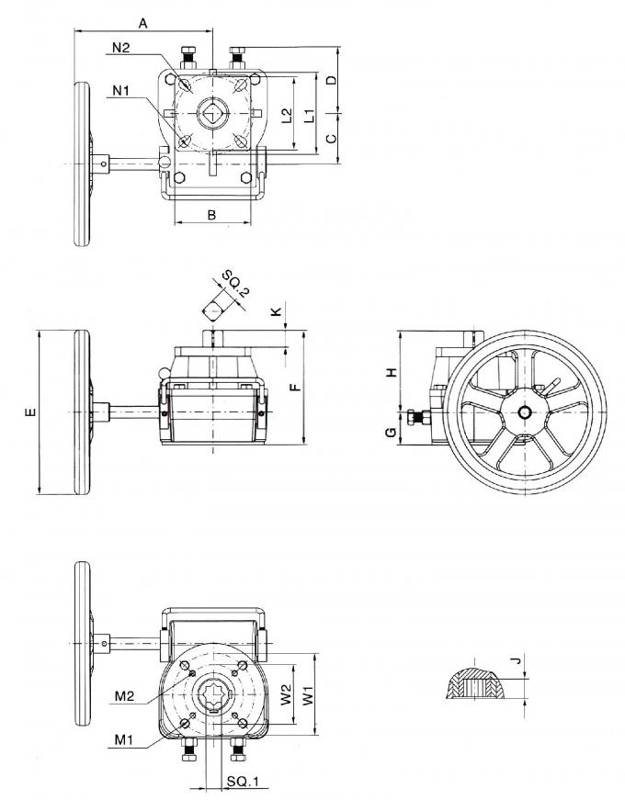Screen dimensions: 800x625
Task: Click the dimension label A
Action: (142, 19)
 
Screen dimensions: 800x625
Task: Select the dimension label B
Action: (211, 215)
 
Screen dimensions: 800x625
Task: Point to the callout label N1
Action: (120, 89)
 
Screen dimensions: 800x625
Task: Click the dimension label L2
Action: (287, 115)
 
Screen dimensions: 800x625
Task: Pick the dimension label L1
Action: (310, 115)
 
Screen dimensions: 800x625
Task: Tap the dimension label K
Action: (277, 312)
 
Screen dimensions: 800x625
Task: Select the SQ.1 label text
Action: (244, 782)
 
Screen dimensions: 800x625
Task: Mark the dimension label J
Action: (517, 660)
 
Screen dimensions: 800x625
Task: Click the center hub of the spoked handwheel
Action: (525, 411)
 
